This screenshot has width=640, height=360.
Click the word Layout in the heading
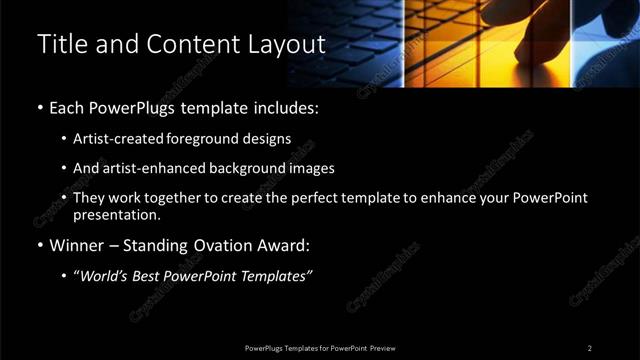coord(291,45)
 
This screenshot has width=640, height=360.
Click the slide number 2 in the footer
coord(589,348)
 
